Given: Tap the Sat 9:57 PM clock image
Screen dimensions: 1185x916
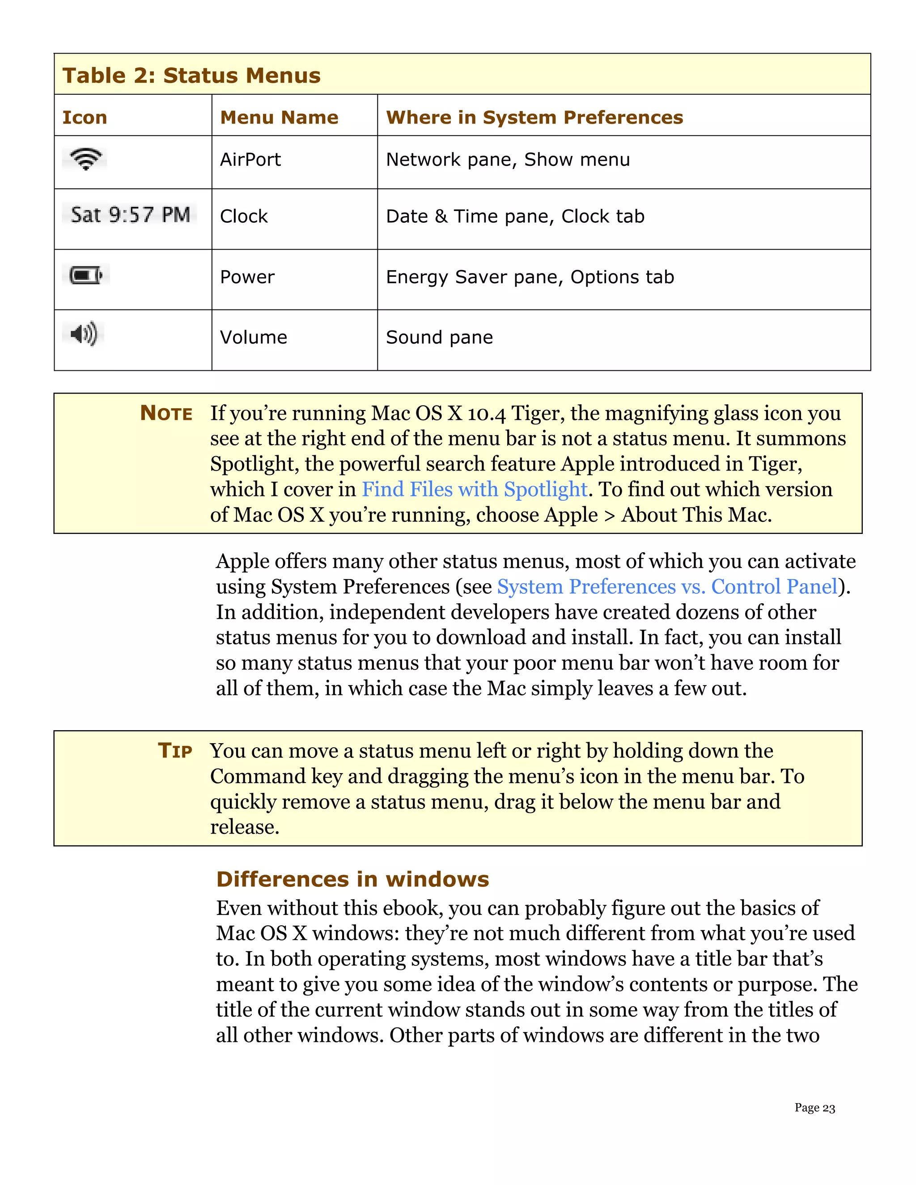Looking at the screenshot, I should tap(130, 215).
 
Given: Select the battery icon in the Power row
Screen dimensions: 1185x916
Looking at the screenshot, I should tap(86, 275).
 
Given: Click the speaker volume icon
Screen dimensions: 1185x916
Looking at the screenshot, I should tap(84, 334).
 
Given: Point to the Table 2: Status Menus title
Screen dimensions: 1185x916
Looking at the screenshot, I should tap(191, 76).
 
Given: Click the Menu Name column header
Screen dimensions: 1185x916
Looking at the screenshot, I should tap(279, 117).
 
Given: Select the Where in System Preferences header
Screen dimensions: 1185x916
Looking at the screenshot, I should tap(534, 117).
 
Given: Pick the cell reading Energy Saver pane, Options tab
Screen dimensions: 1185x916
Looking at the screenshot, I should tap(530, 277).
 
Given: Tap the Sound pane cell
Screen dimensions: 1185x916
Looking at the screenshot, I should tap(439, 338).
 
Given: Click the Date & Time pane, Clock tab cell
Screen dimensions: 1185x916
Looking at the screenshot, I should tap(515, 216).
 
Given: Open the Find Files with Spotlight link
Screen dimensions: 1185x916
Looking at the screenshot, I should tap(474, 489).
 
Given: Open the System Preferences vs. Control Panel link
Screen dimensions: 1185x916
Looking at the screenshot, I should tap(667, 587).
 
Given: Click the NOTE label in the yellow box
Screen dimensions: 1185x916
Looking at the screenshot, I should tap(166, 414).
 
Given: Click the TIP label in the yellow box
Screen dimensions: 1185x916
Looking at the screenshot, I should tap(175, 751).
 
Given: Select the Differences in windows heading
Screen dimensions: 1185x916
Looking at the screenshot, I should tap(352, 879).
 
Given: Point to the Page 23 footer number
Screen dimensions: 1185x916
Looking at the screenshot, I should tap(814, 1108).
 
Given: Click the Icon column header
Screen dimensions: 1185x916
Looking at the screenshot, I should tap(85, 117).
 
